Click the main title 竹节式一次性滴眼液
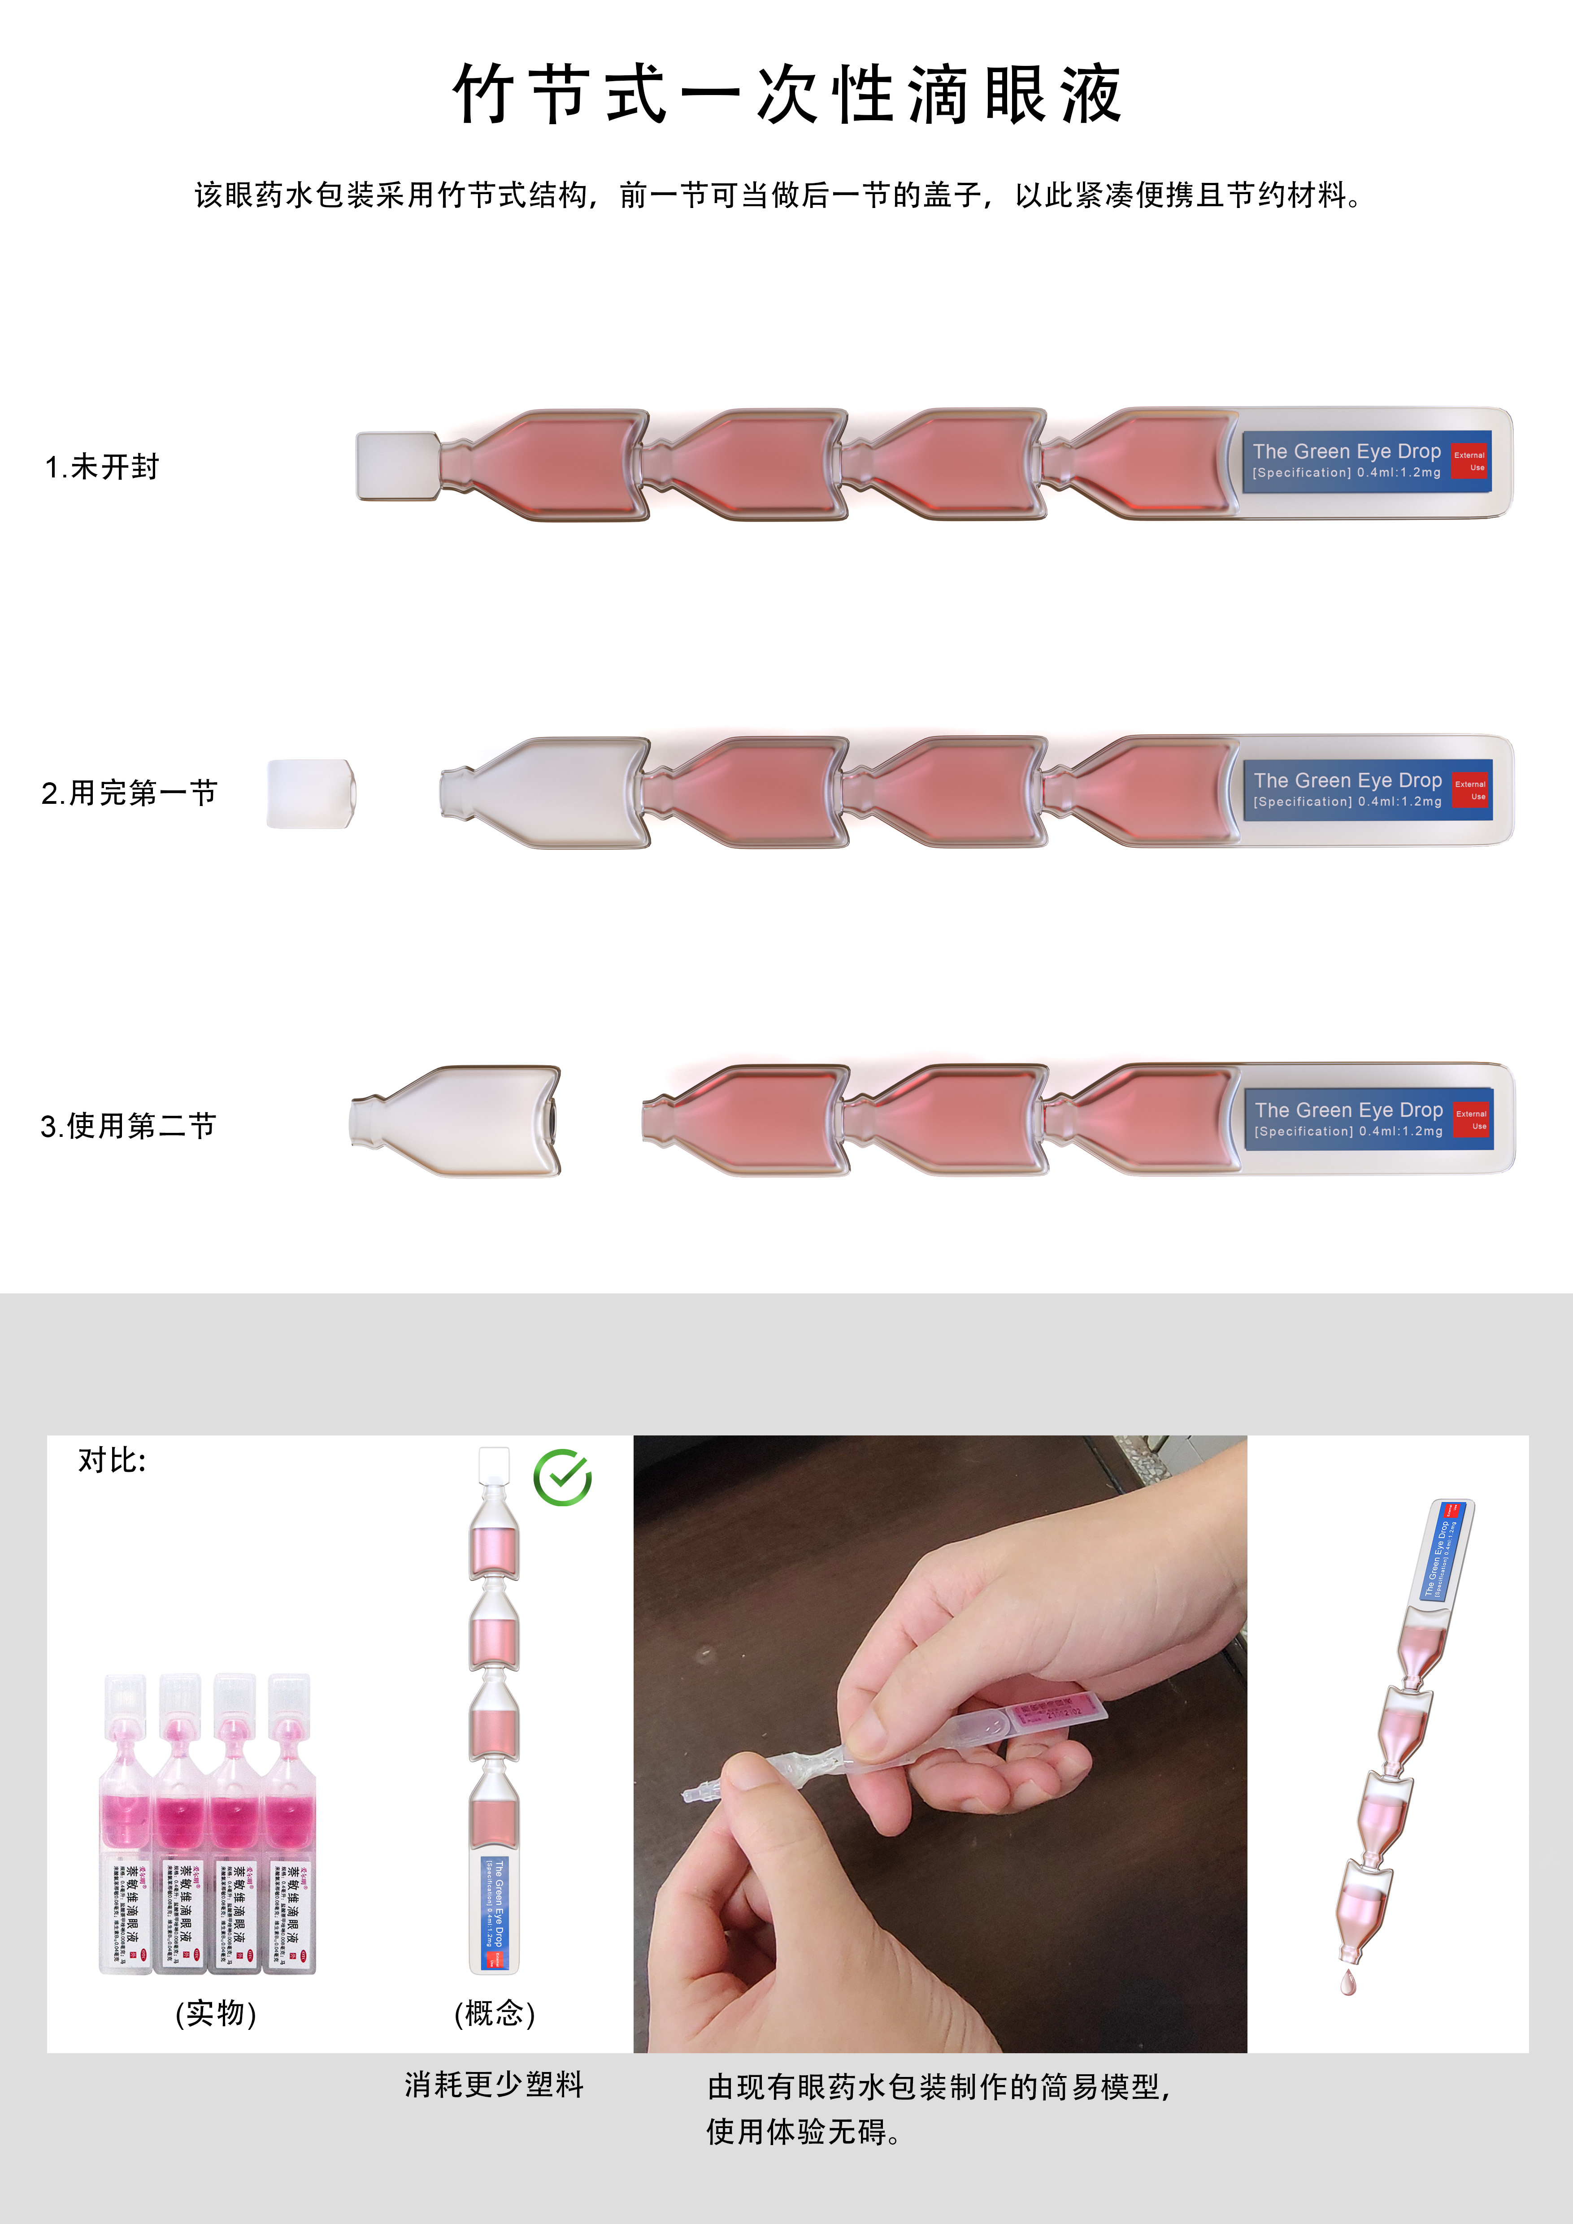pos(786,95)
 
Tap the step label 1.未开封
pos(102,467)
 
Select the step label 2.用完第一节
pos(129,793)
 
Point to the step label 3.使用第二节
pos(128,1126)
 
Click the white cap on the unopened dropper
pos(397,466)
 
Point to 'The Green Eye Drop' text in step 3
pos(1348,1110)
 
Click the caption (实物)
pos(215,2013)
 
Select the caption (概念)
pos(494,2013)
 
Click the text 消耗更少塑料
pos(494,2085)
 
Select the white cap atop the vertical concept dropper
pos(494,1463)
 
